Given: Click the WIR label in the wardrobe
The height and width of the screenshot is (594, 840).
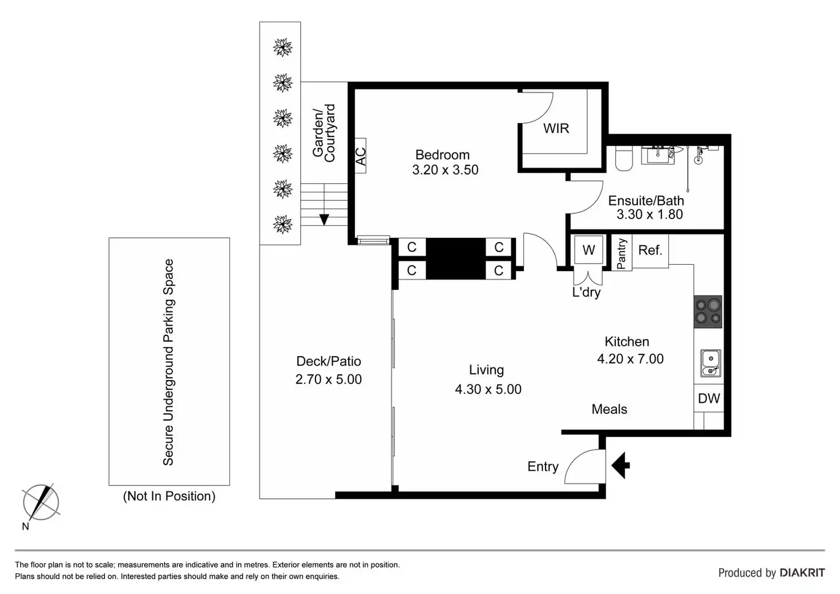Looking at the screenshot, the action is point(556,128).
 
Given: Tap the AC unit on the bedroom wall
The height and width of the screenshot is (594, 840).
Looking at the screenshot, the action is point(360,155).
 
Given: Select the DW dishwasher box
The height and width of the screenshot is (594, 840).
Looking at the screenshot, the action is point(709,398).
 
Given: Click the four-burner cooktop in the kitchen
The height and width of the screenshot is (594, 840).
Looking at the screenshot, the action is point(708,312).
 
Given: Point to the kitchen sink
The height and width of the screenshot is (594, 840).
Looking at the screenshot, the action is point(710,363).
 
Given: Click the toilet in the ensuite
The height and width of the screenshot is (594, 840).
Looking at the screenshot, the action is point(623,159).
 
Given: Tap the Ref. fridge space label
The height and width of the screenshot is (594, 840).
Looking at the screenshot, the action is point(650,250).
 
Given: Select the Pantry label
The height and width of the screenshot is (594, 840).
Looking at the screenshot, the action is point(621,253).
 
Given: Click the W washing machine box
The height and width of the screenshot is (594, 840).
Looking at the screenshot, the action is point(588,250).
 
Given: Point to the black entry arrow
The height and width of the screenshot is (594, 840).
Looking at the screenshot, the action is point(621,465).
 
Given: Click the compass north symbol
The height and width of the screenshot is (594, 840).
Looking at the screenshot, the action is point(41,503).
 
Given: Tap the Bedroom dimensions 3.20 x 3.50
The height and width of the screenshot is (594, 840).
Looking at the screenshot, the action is point(445,170).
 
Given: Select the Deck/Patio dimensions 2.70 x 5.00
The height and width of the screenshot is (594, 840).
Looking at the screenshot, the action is point(329,379).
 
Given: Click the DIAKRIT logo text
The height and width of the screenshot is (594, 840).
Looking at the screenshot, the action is point(802,572).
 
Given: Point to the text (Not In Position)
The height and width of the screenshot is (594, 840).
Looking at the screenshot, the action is point(169,496).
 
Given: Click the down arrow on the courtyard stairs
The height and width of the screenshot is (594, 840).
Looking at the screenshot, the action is point(324,219).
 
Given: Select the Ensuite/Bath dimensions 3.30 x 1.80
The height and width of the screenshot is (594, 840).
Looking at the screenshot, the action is point(649,215).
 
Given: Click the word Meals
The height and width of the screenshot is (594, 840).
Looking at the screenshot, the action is point(609,409).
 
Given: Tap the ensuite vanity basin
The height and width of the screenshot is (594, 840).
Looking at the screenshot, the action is point(658,154).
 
